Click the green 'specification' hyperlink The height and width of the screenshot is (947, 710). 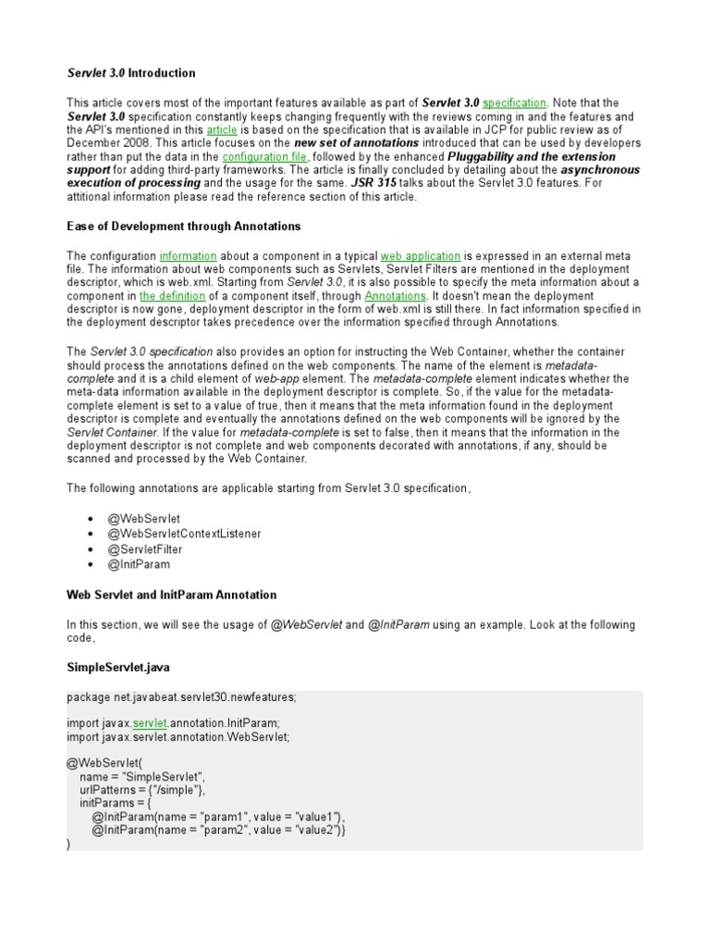pyautogui.click(x=514, y=103)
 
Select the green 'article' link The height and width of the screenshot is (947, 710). pyautogui.click(x=222, y=130)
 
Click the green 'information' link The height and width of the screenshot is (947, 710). pyautogui.click(x=189, y=255)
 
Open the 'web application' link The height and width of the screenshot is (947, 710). pyautogui.click(x=421, y=255)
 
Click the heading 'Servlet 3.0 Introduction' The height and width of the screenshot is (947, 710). pyautogui.click(x=131, y=73)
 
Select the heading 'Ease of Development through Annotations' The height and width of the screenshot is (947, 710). pyautogui.click(x=183, y=226)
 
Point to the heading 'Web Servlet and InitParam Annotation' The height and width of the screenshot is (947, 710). pyautogui.click(x=171, y=595)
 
